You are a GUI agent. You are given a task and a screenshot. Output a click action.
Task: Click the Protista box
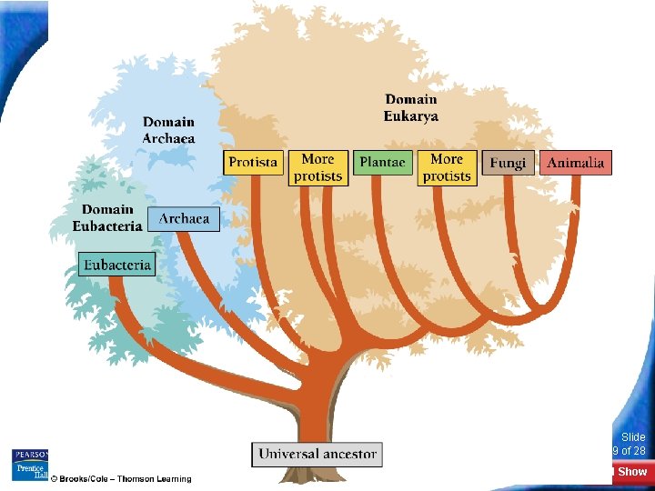[x=253, y=163]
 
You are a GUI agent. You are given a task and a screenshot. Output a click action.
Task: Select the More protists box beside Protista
[x=317, y=168]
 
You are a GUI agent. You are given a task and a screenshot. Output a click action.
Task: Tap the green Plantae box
[x=382, y=163]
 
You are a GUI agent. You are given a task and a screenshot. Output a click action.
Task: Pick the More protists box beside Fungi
[x=447, y=168]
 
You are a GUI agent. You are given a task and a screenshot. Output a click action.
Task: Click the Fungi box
[x=508, y=163]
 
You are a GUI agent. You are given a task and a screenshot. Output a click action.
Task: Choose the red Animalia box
[x=576, y=163]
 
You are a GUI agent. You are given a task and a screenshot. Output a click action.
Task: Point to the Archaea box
[x=185, y=219]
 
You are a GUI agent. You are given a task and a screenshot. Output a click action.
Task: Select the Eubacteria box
[x=116, y=265]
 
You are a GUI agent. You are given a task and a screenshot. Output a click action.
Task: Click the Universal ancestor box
[x=317, y=454]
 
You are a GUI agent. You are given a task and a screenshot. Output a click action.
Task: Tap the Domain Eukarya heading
[x=411, y=108]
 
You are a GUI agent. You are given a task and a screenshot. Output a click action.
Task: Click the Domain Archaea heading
[x=168, y=130]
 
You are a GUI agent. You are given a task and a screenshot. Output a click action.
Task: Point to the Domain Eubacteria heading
[x=107, y=218]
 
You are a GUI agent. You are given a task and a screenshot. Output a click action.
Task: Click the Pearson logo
[x=29, y=455]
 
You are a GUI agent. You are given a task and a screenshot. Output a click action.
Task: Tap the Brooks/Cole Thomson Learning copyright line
[x=121, y=479]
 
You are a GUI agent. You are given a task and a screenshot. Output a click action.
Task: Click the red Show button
[x=631, y=472]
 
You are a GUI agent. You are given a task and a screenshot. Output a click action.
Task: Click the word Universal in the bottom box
[x=288, y=454]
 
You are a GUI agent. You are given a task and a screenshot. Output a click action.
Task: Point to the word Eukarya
[x=411, y=116]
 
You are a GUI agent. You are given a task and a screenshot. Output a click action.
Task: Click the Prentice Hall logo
[x=29, y=471]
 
